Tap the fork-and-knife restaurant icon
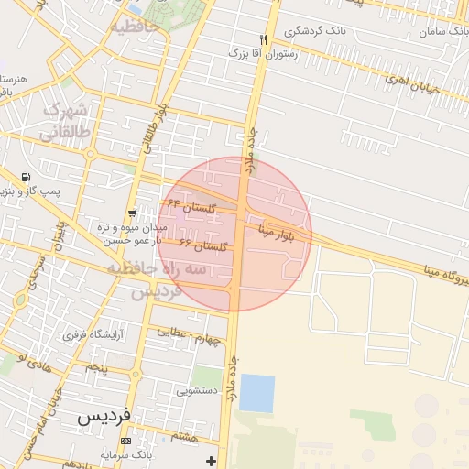coord(264,39)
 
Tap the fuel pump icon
coord(25,177)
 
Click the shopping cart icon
coord(133,213)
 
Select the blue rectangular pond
coord(256,393)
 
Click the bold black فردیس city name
coord(104,415)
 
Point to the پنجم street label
coord(97,367)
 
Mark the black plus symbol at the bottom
coord(213,460)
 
